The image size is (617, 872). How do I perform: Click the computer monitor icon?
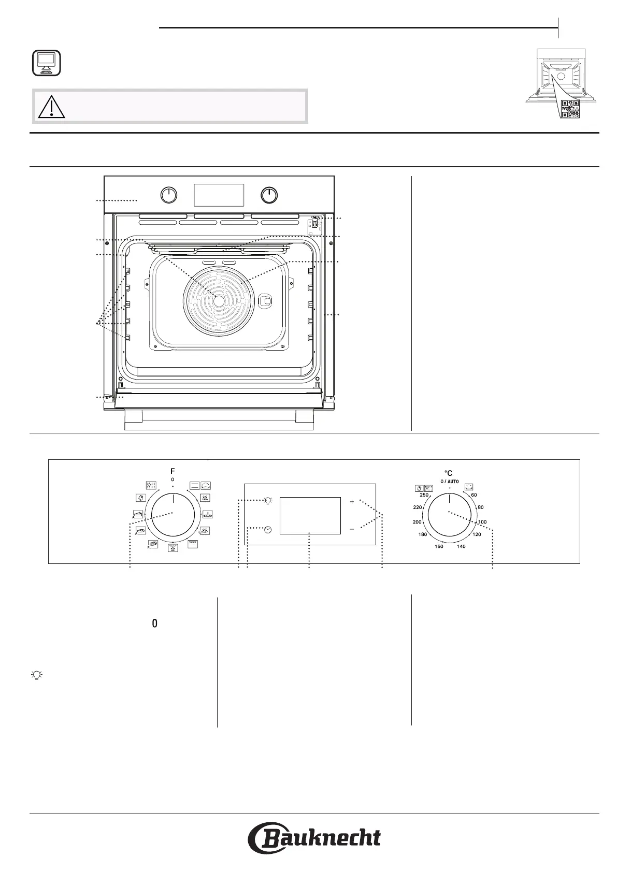46,63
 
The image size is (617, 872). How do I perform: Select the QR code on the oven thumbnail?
570,109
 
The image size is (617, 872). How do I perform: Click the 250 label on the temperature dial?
424,495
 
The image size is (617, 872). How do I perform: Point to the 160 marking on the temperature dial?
439,546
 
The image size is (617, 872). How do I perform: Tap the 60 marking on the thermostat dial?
473,495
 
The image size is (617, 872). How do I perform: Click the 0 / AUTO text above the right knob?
450,482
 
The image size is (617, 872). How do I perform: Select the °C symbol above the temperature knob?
449,473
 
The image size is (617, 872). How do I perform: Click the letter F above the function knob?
173,471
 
